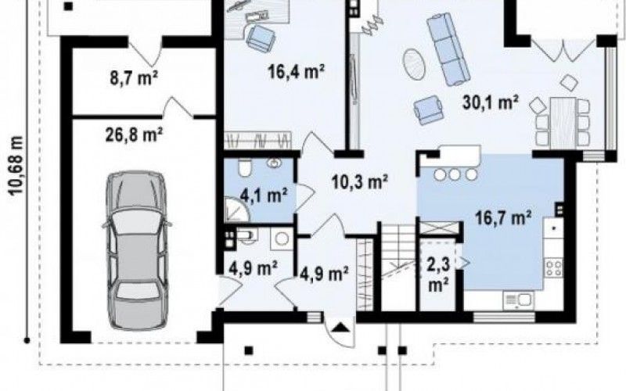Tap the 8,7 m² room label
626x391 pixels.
point(134,77)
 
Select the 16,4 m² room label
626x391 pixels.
point(296,72)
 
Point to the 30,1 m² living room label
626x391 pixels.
point(491,102)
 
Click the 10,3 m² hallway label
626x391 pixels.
point(360,182)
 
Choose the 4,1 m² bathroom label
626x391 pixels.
point(264,195)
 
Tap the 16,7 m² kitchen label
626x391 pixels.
point(503,218)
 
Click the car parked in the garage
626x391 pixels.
point(136,250)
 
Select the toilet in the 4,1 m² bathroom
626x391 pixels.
point(244,167)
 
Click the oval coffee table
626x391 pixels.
point(414,63)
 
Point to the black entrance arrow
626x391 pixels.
point(340,328)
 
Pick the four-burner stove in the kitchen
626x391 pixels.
point(554,267)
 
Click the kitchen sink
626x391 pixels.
point(519,300)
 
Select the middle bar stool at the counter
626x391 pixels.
point(455,174)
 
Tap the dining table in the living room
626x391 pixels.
point(563,122)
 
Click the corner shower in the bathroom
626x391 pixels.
point(236,210)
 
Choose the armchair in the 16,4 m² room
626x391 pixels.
point(261,38)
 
